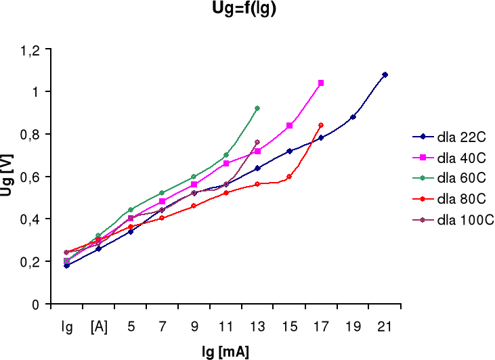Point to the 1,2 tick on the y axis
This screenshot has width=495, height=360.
click(x=33, y=49)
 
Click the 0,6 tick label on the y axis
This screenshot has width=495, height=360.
click(x=33, y=177)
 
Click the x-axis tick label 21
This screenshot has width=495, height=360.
click(x=385, y=325)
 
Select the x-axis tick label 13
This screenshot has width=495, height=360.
click(x=257, y=325)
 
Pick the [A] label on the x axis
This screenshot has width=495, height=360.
click(x=99, y=325)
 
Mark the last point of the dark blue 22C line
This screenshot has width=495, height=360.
click(x=385, y=74)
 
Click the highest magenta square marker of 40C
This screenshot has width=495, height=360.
click(x=321, y=83)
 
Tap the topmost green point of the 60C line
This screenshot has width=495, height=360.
click(x=257, y=108)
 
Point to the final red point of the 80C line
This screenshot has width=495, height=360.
click(x=321, y=125)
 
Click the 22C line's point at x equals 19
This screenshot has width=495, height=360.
click(x=353, y=117)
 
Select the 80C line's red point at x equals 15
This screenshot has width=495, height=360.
click(x=289, y=177)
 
